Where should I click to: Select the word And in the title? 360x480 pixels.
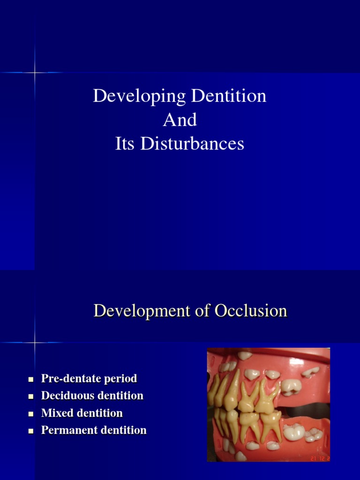click(180, 120)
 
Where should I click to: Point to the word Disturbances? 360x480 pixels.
click(194, 144)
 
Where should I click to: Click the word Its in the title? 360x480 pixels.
click(126, 144)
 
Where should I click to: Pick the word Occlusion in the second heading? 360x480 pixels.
click(251, 311)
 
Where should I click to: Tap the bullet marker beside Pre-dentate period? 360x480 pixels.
click(31, 379)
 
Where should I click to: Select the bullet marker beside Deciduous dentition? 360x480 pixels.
click(31, 396)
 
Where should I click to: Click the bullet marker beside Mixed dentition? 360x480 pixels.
click(31, 414)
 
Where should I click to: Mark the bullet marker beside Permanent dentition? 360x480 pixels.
click(31, 431)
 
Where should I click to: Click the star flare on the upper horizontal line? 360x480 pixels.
click(35, 72)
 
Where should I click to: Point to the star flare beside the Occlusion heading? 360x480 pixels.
click(35, 342)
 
